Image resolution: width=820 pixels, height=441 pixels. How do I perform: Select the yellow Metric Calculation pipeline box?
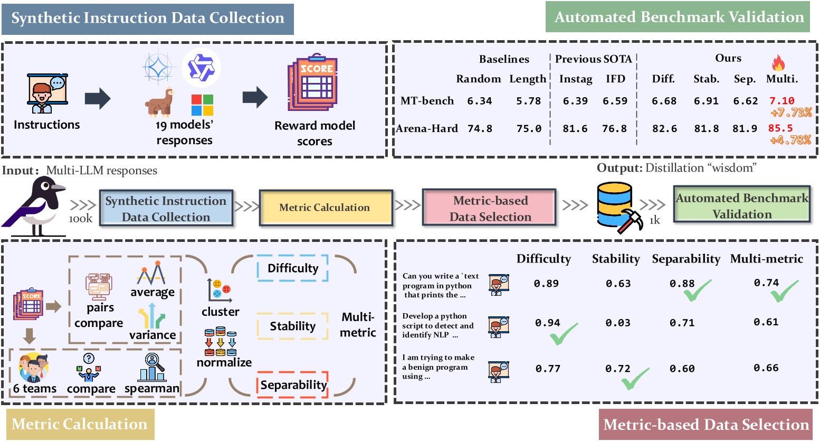pyautogui.click(x=326, y=208)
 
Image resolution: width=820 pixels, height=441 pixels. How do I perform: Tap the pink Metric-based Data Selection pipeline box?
pyautogui.click(x=490, y=208)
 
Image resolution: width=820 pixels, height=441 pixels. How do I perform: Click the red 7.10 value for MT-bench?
pyautogui.click(x=781, y=101)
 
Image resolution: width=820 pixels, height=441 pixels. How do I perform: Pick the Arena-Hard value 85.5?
pyautogui.click(x=780, y=128)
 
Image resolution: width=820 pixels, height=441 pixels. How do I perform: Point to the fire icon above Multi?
pyautogui.click(x=778, y=63)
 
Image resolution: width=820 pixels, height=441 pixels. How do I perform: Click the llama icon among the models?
pyautogui.click(x=160, y=101)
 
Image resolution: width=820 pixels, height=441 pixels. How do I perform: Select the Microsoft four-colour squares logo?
pyautogui.click(x=202, y=105)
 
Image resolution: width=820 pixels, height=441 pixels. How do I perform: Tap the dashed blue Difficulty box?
pyautogui.click(x=293, y=268)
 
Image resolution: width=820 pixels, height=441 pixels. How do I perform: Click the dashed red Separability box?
pyautogui.click(x=293, y=385)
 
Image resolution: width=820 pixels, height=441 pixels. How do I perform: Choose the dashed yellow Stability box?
pyautogui.click(x=293, y=326)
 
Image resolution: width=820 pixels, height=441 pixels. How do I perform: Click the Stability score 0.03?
pyautogui.click(x=618, y=323)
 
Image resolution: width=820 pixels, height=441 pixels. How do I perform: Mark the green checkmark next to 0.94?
pyautogui.click(x=564, y=334)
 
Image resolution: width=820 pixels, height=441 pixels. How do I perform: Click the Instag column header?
pyautogui.click(x=576, y=79)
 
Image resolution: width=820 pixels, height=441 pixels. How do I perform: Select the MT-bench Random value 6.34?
pyautogui.click(x=479, y=101)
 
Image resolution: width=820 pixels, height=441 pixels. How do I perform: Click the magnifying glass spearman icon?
pyautogui.click(x=152, y=367)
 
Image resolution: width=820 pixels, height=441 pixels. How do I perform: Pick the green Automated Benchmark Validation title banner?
pyautogui.click(x=679, y=17)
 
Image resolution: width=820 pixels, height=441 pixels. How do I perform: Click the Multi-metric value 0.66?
pyautogui.click(x=766, y=368)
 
